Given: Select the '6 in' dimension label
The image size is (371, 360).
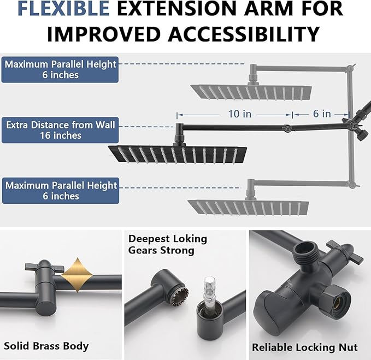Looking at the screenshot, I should (x=322, y=114).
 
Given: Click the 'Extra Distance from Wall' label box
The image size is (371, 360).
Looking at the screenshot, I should (x=60, y=130).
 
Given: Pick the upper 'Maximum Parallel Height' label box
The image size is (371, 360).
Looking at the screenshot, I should (x=60, y=70).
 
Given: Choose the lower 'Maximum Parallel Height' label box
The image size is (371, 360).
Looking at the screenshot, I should (x=60, y=191).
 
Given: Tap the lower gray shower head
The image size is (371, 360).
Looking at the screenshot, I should (x=248, y=206).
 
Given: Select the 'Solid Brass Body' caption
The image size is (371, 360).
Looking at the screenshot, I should (x=46, y=346).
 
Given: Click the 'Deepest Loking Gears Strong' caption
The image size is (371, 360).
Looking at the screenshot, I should (x=167, y=245).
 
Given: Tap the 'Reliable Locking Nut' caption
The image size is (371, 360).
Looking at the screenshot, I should (x=304, y=347).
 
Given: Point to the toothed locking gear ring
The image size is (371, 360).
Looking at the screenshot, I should (x=180, y=294).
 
